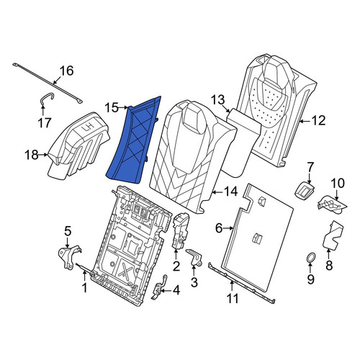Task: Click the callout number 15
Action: click(112, 108)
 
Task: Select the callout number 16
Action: click(66, 71)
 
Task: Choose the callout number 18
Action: click(32, 155)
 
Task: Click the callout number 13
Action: click(218, 100)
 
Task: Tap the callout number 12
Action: click(318, 120)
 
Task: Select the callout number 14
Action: click(230, 192)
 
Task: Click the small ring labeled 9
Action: click(310, 258)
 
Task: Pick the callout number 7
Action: click(310, 166)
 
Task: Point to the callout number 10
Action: click(338, 183)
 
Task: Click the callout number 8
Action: click(329, 266)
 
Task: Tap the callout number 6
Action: click(219, 228)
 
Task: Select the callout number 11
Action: click(233, 299)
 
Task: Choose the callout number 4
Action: click(176, 291)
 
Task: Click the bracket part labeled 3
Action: click(194, 257)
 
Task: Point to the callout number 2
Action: click(176, 266)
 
